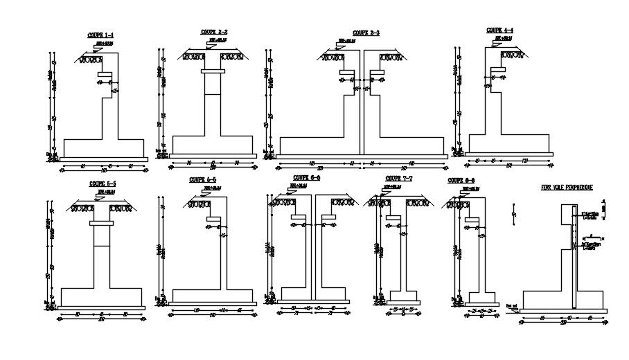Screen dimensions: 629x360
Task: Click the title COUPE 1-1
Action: (101, 35)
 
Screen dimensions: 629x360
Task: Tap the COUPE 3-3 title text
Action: (366, 33)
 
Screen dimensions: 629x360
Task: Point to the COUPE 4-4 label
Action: (499, 30)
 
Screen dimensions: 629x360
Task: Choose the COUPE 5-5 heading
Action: (103, 184)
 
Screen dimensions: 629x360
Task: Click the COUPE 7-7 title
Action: (399, 179)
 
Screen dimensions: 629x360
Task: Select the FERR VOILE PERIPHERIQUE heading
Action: (566, 188)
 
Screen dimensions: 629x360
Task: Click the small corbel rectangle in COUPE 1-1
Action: (105, 73)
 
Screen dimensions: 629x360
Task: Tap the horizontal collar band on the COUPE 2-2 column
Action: (213, 71)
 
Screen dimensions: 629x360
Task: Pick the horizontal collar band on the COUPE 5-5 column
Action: (103, 223)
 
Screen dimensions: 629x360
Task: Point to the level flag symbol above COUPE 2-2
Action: (212, 42)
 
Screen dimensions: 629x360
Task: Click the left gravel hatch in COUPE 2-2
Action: (196, 56)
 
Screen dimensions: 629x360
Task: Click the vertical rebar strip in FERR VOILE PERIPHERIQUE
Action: (575, 256)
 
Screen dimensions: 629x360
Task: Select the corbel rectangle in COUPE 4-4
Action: (497, 70)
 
